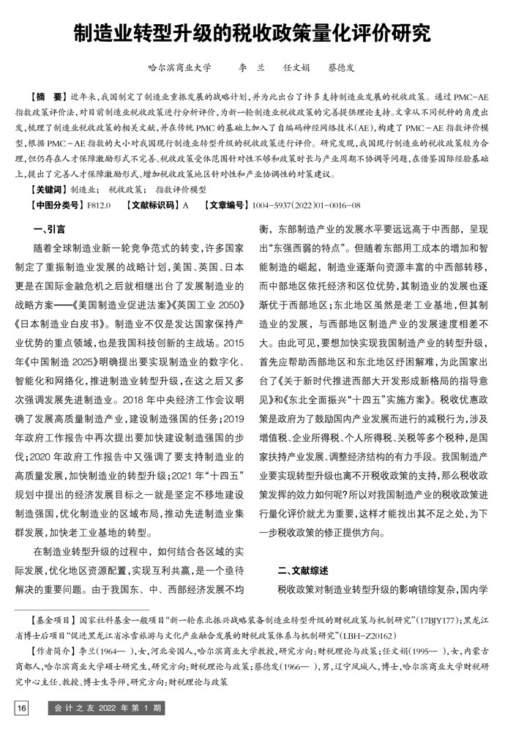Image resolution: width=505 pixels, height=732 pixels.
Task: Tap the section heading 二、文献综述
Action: click(302, 549)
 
